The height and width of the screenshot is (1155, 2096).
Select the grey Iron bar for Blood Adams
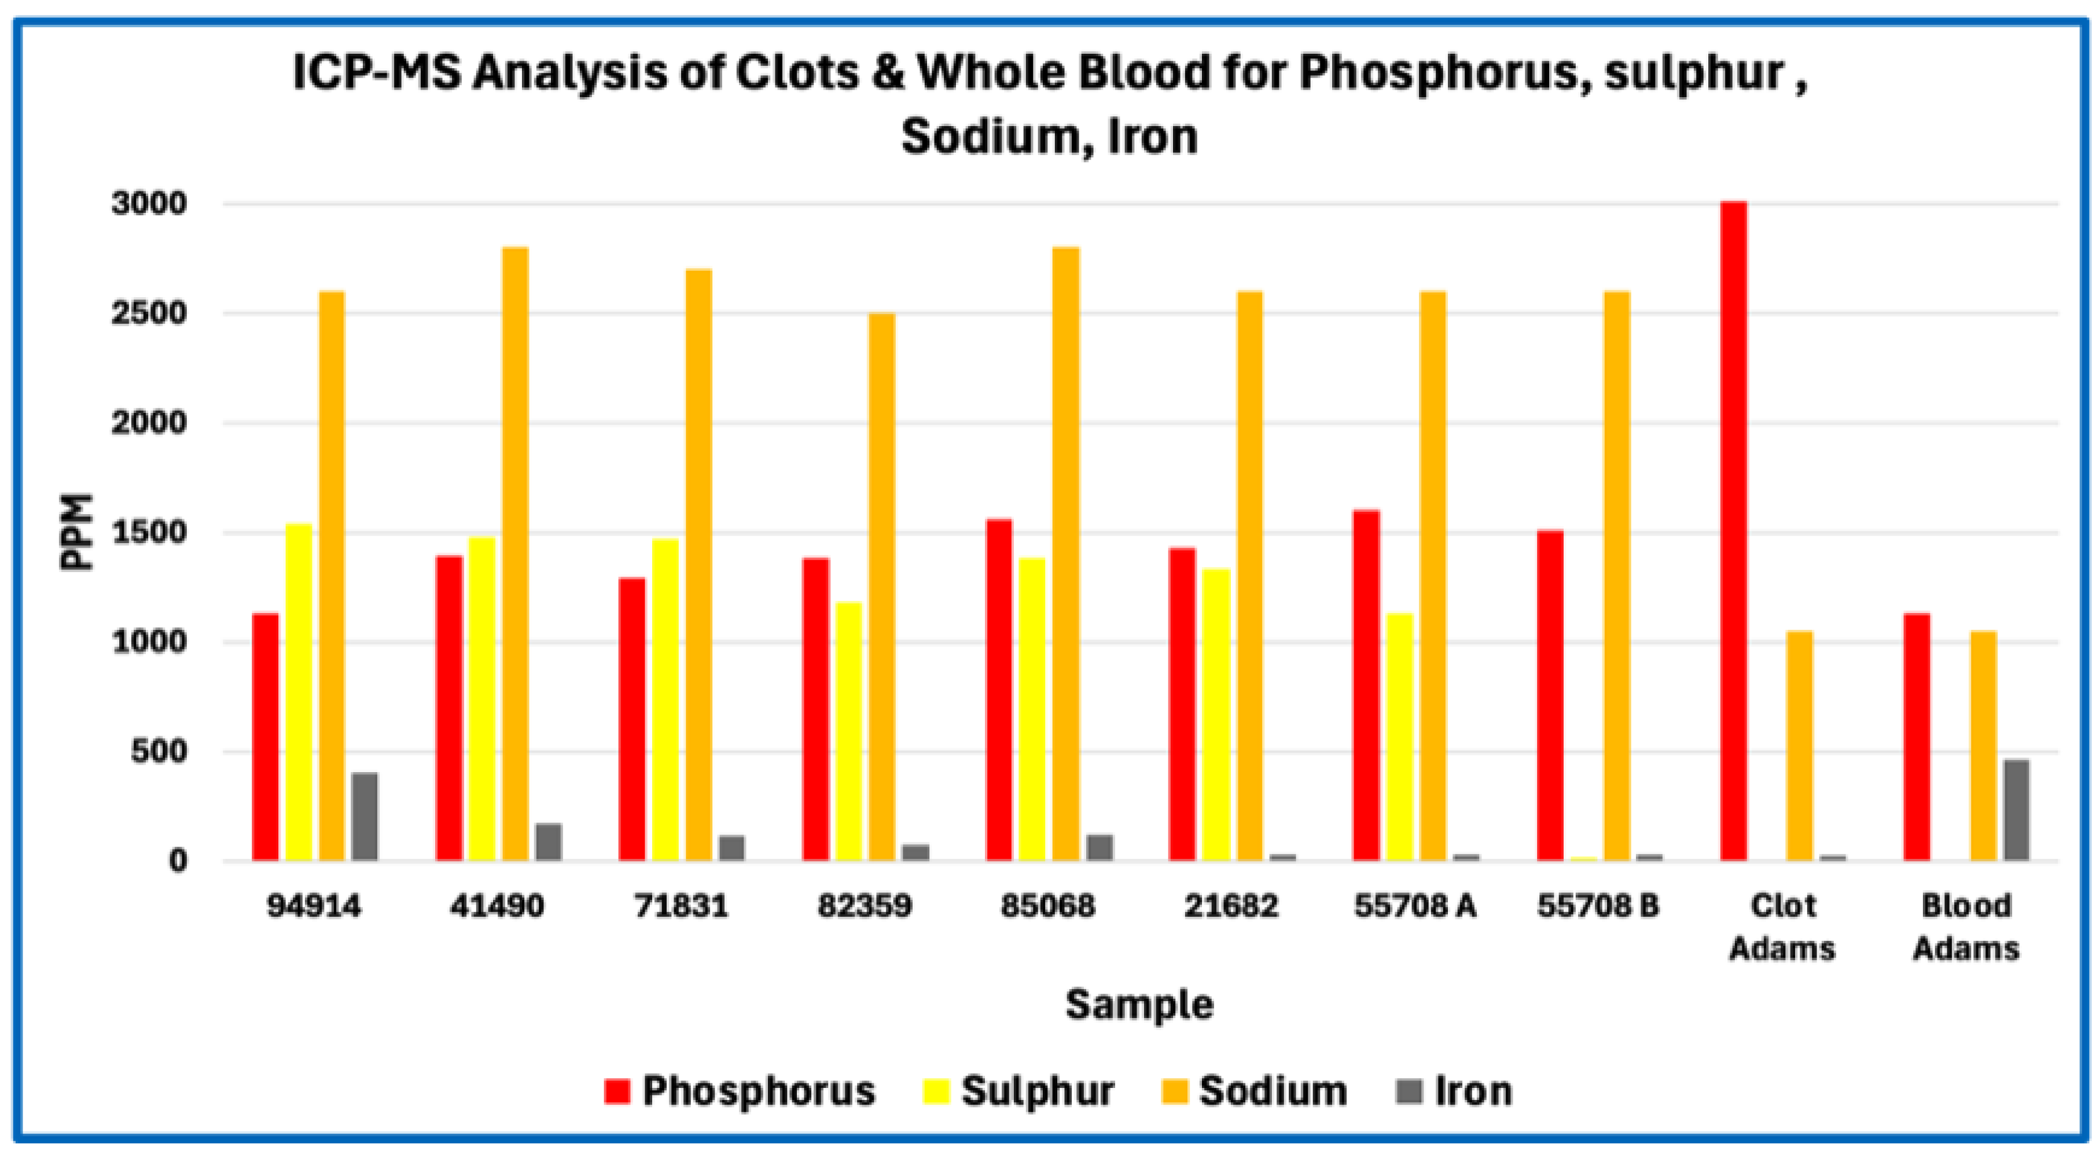click(x=2016, y=809)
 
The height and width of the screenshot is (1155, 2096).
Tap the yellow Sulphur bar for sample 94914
click(x=299, y=691)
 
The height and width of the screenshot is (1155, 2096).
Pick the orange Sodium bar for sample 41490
click(x=515, y=553)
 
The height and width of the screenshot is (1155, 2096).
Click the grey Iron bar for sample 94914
click(x=365, y=816)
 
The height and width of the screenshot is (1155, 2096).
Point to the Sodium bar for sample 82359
click(x=881, y=586)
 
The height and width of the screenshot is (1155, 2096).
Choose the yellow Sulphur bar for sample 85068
click(x=1032, y=709)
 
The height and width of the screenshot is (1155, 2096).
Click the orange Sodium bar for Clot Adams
click(x=1800, y=745)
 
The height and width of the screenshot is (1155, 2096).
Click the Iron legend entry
click(x=1454, y=1091)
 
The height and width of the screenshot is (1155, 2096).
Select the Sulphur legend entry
click(x=1020, y=1091)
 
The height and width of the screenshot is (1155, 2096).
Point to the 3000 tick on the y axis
click(x=150, y=204)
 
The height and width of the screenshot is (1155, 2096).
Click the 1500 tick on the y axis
click(x=150, y=533)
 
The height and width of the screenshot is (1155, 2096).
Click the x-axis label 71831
click(x=681, y=905)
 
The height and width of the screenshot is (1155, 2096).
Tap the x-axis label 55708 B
click(x=1598, y=905)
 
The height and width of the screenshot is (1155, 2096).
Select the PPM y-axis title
click(x=78, y=533)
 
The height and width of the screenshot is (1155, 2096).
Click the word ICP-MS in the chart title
click(x=376, y=73)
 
